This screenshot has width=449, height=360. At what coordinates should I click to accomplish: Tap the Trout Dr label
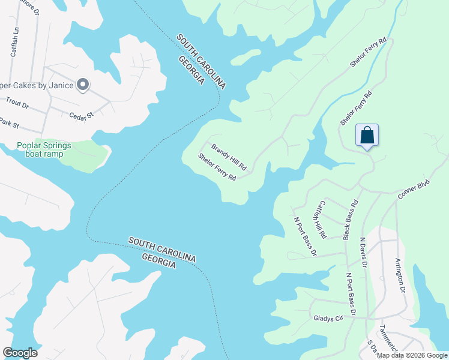17,103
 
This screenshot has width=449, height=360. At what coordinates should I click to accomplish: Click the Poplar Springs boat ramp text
44,149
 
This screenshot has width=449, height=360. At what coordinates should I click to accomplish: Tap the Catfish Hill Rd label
321,218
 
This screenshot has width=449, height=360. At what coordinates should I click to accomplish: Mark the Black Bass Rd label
351,220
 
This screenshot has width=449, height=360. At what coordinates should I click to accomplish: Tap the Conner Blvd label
414,188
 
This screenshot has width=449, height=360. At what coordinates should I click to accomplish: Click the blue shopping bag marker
367,136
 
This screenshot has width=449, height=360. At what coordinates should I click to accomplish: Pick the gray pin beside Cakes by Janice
83,85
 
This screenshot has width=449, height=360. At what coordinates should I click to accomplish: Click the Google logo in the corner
20,353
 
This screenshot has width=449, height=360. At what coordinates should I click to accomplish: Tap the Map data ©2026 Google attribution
412,355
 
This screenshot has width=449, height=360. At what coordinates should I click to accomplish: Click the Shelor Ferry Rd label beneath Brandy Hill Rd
217,166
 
